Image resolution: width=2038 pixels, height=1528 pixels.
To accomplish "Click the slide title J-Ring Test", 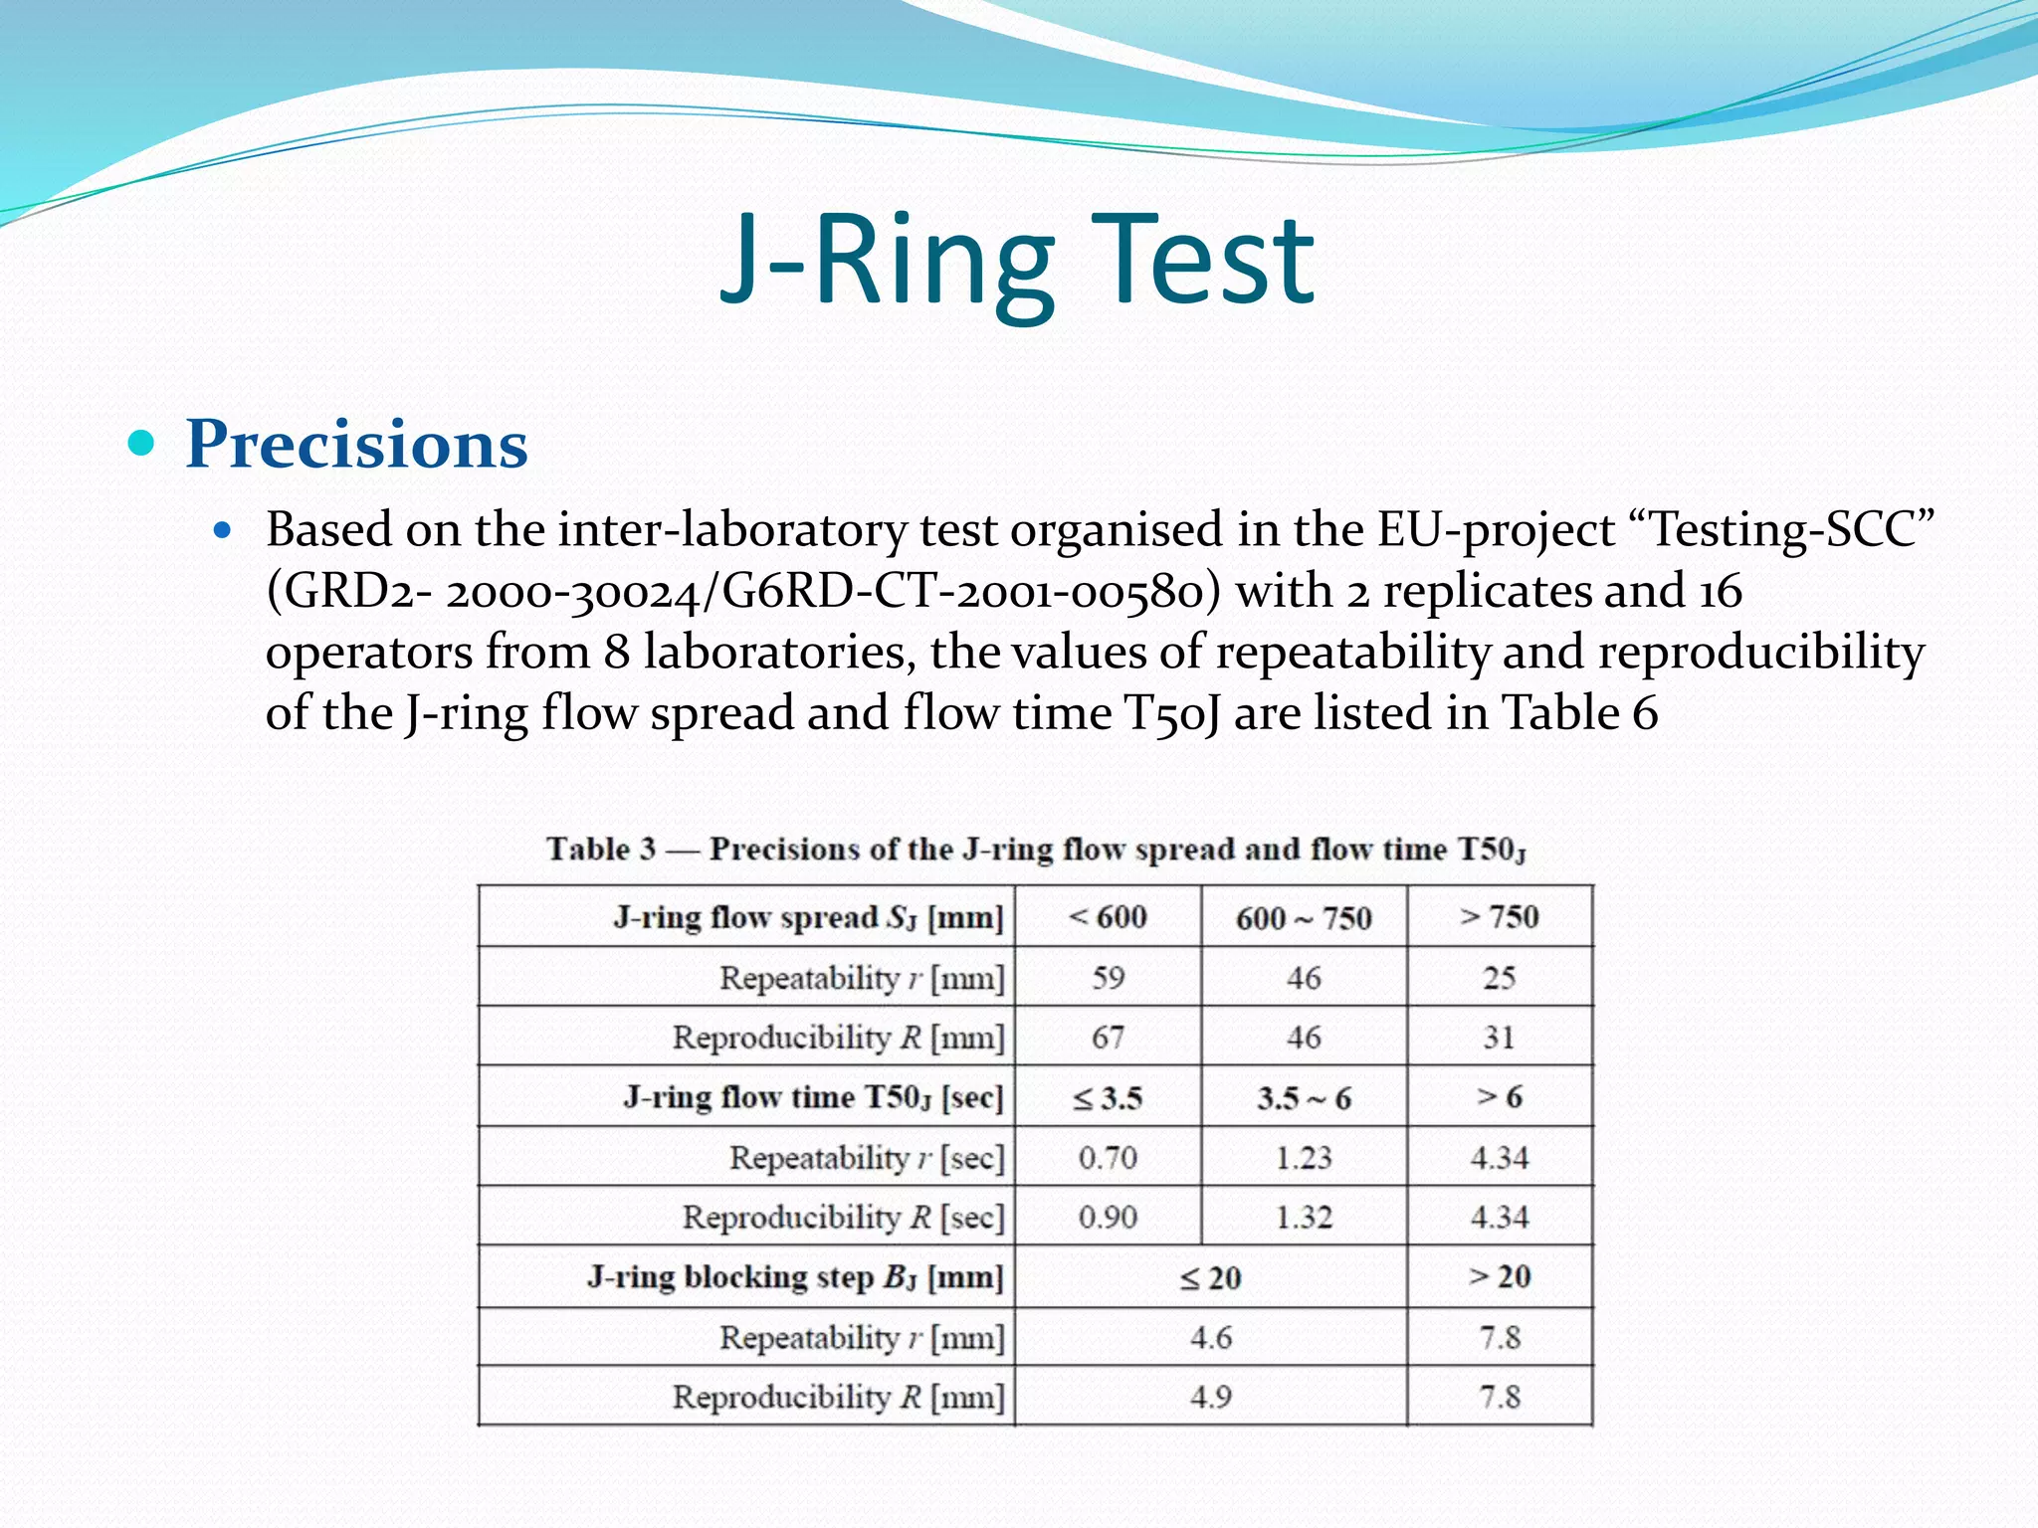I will click(x=1017, y=261).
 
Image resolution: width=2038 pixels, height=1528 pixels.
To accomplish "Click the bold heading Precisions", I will click(x=356, y=444).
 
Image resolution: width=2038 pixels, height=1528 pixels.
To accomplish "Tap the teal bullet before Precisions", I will click(x=142, y=442).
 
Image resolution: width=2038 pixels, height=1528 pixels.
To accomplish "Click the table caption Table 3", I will click(x=601, y=849).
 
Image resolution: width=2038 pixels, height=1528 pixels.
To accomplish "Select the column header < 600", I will click(x=1108, y=916).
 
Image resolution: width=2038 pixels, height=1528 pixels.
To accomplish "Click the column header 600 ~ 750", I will click(x=1304, y=917).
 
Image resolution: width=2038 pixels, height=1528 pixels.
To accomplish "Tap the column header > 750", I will click(x=1499, y=916).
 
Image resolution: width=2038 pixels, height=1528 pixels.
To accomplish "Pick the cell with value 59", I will click(x=1108, y=977).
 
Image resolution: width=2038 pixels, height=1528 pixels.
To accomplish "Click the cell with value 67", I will click(x=1108, y=1038).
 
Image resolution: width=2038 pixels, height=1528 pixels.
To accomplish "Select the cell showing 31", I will click(x=1499, y=1038).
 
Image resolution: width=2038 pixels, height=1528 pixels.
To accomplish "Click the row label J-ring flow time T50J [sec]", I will click(x=813, y=1097).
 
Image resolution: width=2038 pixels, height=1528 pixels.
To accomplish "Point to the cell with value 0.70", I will click(x=1108, y=1158).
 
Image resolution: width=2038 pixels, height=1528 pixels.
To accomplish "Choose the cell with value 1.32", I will click(x=1304, y=1218).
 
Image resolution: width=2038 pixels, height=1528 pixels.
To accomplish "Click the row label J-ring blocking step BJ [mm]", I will click(x=795, y=1277).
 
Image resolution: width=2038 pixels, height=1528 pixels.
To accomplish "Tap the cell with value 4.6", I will click(x=1210, y=1338).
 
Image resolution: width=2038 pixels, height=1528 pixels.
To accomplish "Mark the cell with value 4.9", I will click(x=1210, y=1398).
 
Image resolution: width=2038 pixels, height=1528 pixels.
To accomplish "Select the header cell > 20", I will click(x=1499, y=1277).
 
